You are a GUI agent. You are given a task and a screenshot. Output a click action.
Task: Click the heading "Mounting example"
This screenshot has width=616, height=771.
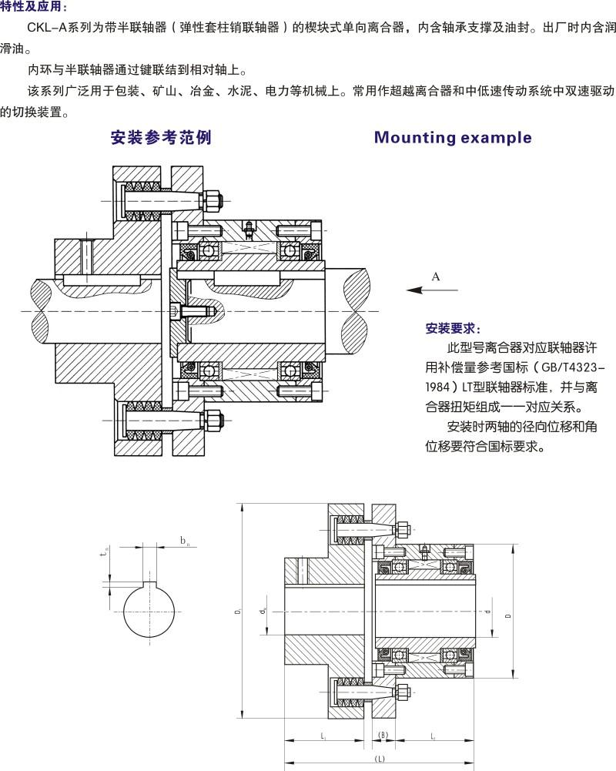453,138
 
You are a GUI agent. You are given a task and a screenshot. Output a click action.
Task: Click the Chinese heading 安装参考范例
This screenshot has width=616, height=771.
160,138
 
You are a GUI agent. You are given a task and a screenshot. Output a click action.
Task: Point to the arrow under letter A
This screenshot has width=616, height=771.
432,290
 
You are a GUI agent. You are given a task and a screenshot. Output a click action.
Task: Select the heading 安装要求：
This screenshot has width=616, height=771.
454,328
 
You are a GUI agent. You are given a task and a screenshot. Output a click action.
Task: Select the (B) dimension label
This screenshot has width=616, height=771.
383,736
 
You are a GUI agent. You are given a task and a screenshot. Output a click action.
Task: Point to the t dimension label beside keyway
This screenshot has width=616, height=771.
105,551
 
